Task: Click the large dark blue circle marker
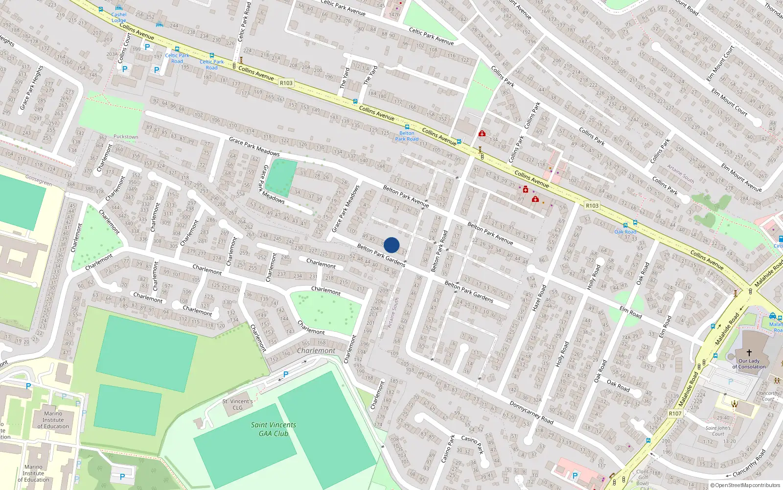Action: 391,245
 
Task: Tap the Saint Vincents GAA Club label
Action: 274,429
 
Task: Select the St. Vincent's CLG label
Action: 237,404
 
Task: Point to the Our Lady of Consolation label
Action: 749,364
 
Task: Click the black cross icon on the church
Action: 749,353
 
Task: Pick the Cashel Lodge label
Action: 118,17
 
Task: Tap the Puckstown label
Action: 126,137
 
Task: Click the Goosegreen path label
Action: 39,180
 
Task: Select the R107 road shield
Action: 675,414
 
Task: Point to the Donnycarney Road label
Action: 531,413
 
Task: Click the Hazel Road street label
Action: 539,297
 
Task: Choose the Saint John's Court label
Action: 718,431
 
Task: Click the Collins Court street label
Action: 122,48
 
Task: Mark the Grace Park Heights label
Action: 31,88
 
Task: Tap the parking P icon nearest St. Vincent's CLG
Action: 286,374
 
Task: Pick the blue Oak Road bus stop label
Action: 625,232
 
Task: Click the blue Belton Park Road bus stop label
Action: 407,136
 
